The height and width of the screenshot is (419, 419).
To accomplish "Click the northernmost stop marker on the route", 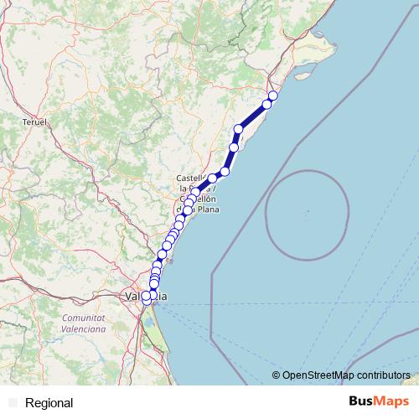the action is [x=272, y=96].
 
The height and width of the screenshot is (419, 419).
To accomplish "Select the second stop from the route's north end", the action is [x=266, y=104].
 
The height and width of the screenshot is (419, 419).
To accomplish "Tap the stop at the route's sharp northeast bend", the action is [x=239, y=128].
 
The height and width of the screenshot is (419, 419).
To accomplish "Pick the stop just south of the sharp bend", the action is [x=234, y=147].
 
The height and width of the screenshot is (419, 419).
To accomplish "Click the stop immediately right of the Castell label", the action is [x=213, y=178].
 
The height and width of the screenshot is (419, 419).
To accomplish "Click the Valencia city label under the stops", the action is [x=144, y=296].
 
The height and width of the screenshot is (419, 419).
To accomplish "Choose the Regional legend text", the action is [x=49, y=403].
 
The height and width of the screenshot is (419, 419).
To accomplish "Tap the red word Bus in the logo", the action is [x=361, y=401].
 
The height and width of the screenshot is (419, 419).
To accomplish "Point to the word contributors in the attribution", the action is [x=382, y=375].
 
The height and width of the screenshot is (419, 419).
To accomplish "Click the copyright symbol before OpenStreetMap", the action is [x=277, y=375].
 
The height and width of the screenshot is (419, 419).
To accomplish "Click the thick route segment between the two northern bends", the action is [x=253, y=116].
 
